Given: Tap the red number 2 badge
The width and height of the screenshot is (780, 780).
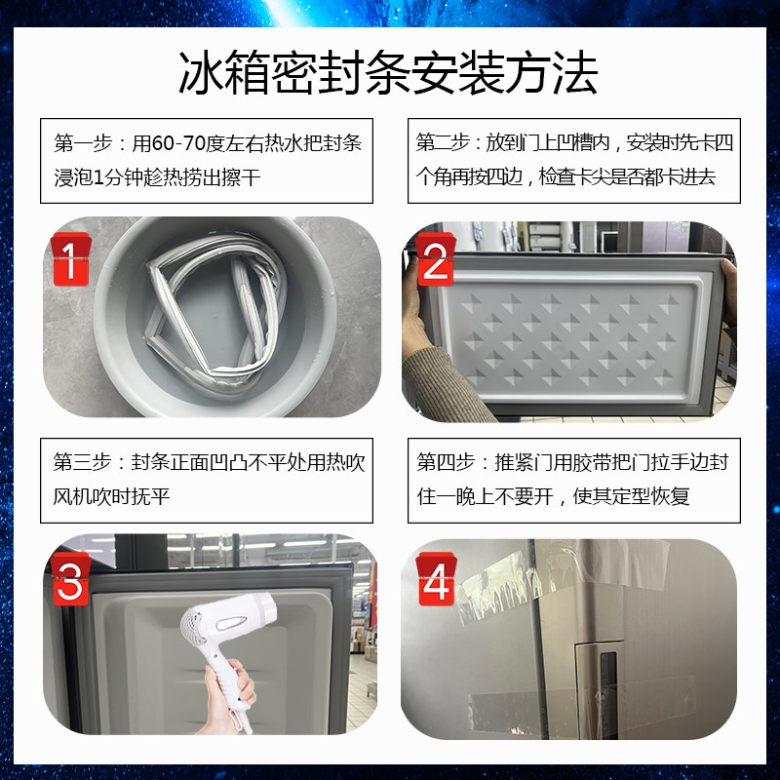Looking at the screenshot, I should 434,260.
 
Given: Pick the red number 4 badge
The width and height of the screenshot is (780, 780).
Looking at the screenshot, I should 435,581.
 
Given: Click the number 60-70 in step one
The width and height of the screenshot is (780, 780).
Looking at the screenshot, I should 175,143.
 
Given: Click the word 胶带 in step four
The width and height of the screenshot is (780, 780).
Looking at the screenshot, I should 626,462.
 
